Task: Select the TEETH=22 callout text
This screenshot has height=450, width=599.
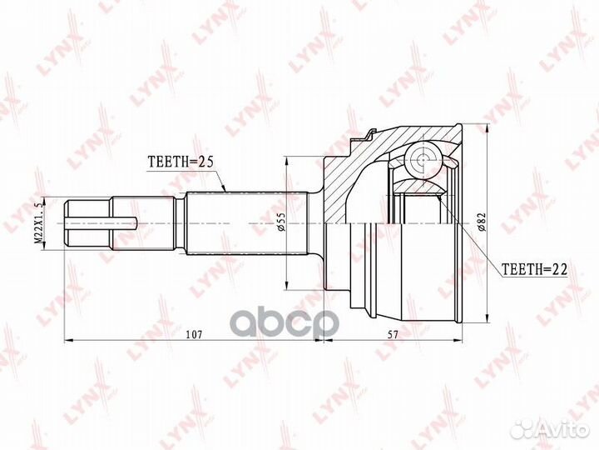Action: [x=534, y=268]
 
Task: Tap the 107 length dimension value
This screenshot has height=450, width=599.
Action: [x=193, y=333]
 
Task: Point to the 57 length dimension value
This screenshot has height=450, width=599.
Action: [x=393, y=333]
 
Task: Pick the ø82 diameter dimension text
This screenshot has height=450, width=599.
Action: [x=482, y=222]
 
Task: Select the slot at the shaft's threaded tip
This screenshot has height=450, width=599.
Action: [x=104, y=222]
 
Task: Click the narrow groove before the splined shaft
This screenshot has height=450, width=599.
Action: [x=179, y=222]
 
